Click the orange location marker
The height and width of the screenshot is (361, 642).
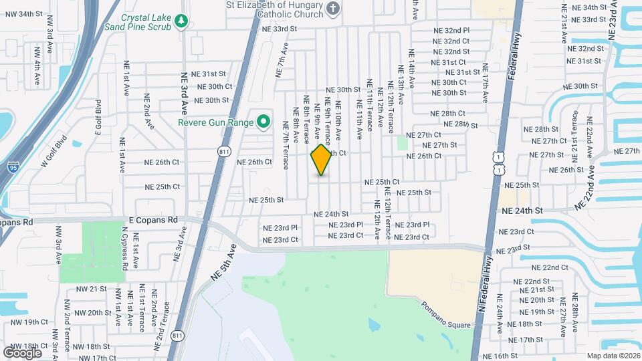click(x=322, y=159)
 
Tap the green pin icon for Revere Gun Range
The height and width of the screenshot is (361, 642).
click(x=263, y=122)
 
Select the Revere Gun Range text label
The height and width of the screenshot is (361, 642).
click(x=215, y=122)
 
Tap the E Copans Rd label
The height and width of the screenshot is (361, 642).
click(x=152, y=219)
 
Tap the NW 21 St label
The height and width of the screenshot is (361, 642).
click(x=93, y=289)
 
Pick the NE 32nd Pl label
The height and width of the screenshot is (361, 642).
click(x=451, y=31)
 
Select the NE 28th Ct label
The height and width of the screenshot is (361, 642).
click(x=447, y=114)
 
